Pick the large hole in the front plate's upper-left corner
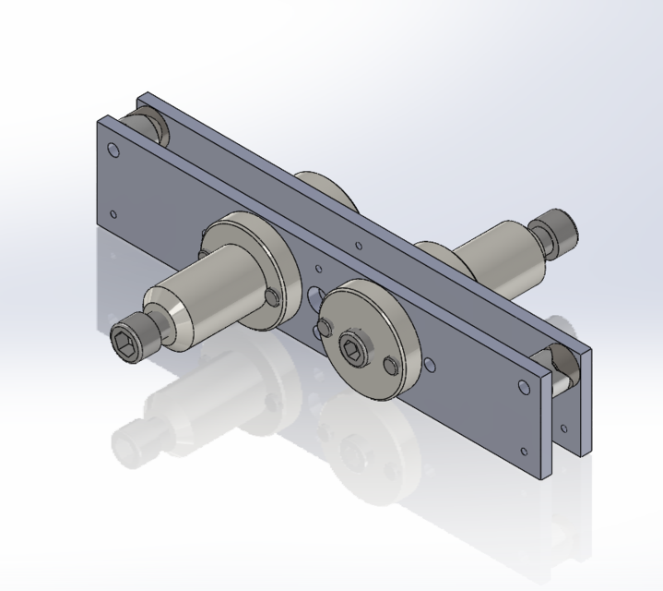112,150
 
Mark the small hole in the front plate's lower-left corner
113,214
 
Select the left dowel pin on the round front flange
324,326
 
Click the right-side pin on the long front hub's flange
269,295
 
